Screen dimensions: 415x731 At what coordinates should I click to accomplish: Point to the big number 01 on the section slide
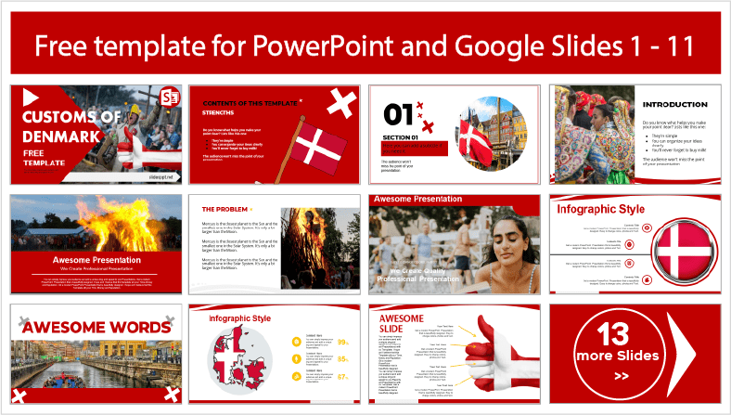click(x=399, y=114)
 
